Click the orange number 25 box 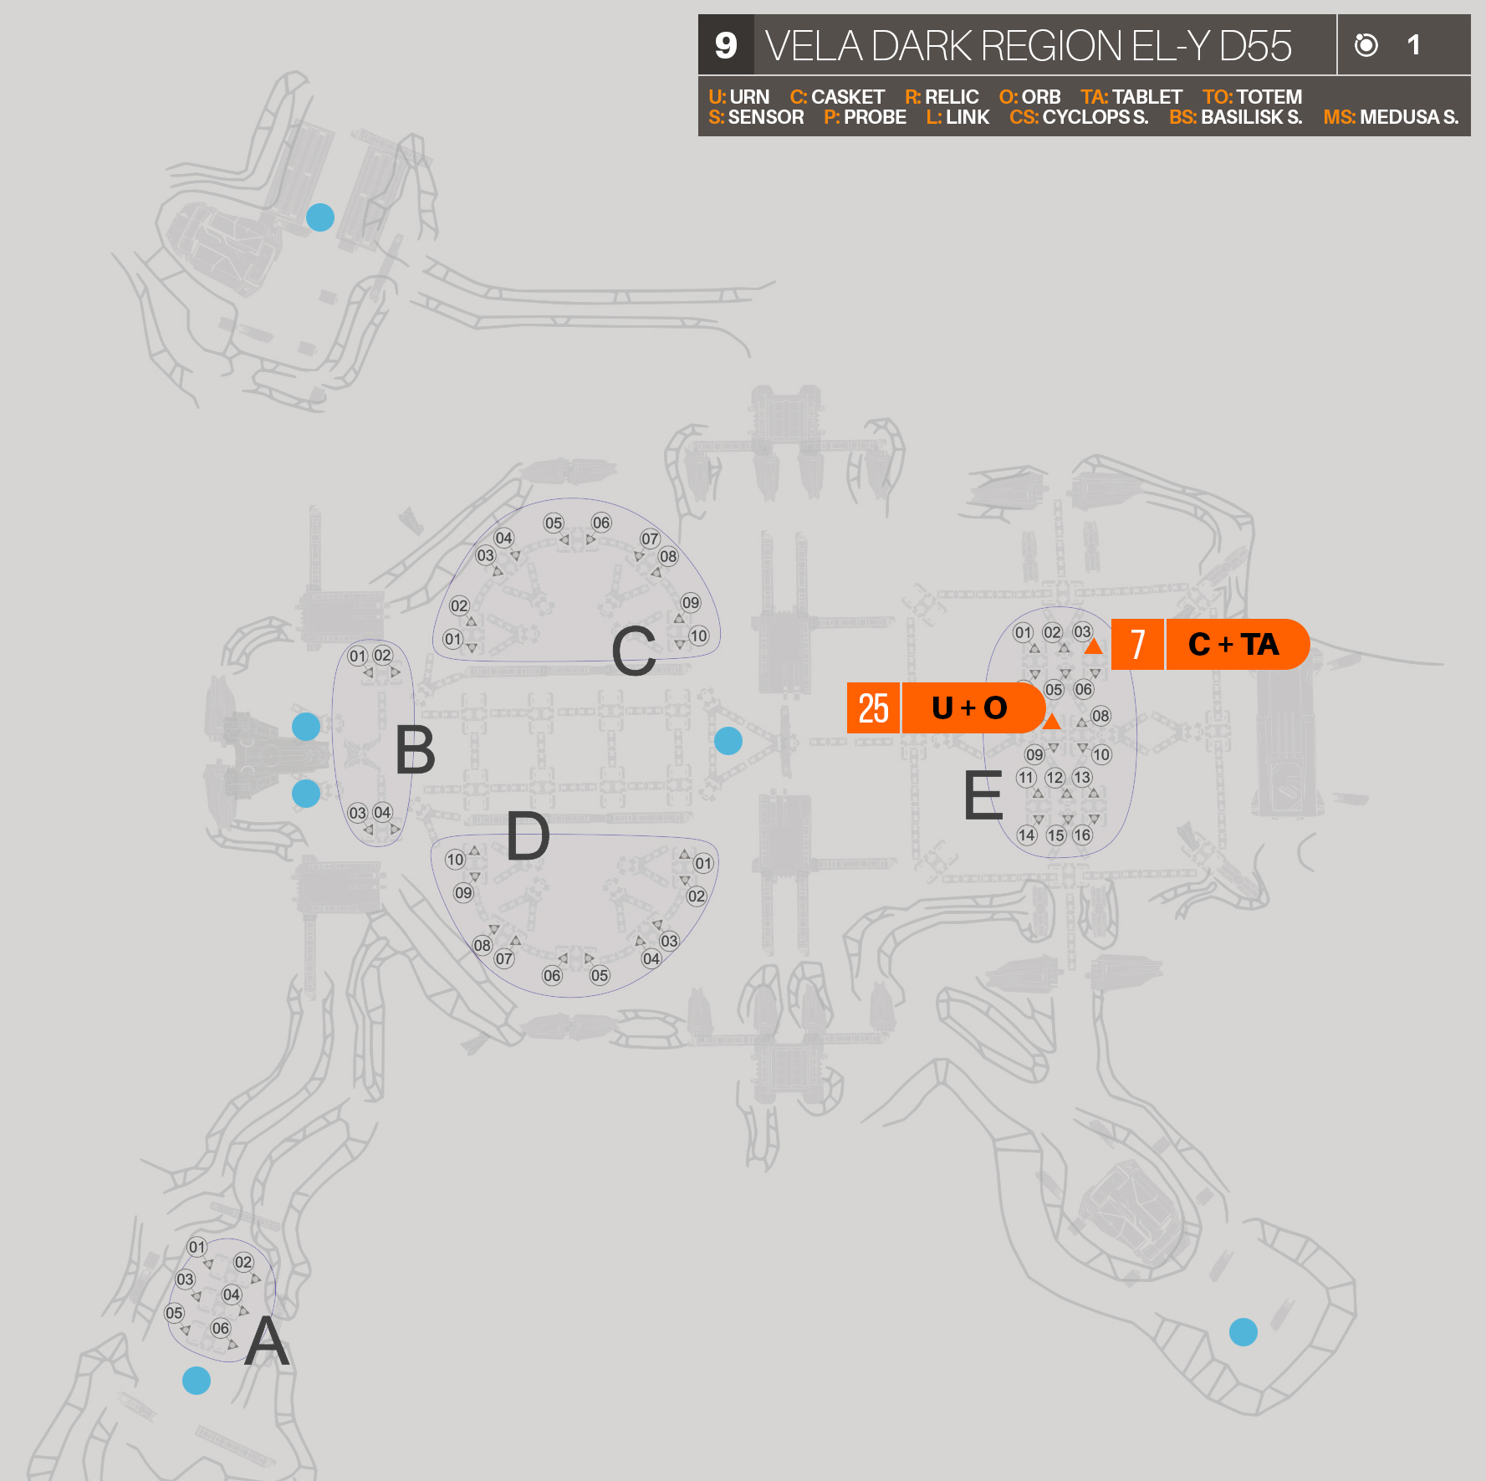873,708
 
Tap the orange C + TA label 1234,645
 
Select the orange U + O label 970,708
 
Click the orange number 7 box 1137,645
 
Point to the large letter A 267,1341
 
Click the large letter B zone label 415,750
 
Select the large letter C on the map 633,651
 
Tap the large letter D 528,835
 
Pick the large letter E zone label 983,795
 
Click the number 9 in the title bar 726,45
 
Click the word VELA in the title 814,46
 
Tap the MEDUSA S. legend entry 1391,117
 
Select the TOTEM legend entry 1252,97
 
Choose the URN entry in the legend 738,97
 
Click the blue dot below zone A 197,1381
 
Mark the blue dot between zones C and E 728,740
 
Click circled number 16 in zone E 1082,835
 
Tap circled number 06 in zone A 221,1328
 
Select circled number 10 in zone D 455,859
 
